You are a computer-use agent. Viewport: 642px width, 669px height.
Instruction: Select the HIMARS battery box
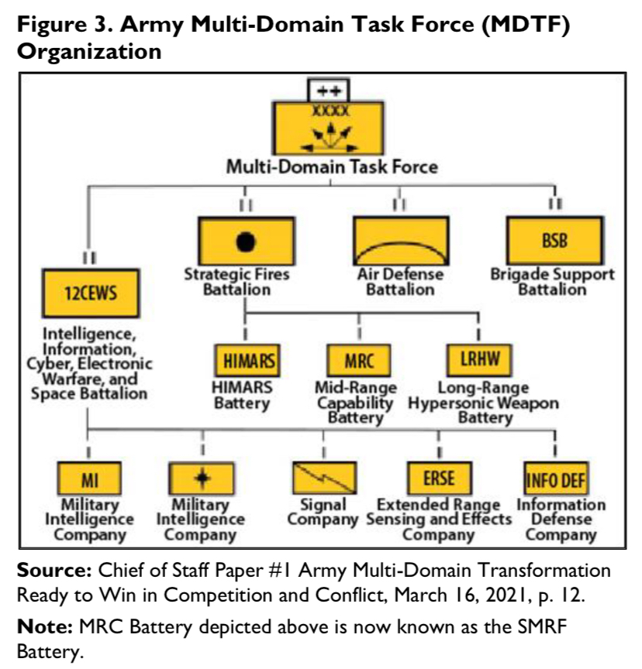245,360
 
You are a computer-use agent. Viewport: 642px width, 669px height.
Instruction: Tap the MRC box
357,360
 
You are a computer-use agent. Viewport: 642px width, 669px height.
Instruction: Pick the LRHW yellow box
478,360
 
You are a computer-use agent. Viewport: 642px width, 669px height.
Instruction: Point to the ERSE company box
438,478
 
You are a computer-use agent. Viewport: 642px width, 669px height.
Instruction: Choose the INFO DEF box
555,479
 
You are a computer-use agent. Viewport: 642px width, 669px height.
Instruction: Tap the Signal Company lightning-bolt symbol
323,478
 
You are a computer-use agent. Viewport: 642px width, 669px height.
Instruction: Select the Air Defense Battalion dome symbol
399,242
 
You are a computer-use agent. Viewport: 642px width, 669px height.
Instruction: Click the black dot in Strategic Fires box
245,242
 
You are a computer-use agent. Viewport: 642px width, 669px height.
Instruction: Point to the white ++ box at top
330,90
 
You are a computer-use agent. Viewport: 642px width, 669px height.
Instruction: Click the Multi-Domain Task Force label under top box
331,166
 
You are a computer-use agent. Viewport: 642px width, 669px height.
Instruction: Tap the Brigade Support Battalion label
552,282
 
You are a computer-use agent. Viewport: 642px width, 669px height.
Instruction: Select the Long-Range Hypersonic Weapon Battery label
484,403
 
